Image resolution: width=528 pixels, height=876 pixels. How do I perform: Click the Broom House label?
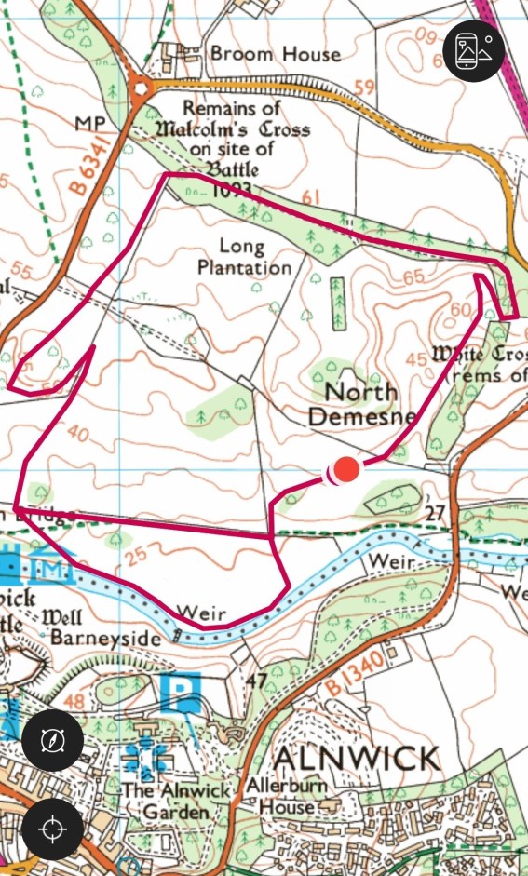tap(275, 54)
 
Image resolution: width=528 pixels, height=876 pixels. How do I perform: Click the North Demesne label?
tap(361, 403)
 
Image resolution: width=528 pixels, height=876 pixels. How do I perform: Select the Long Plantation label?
tap(255, 257)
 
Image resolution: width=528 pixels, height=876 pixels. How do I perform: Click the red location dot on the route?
tap(346, 470)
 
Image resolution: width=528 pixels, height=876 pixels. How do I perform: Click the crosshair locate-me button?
tap(52, 828)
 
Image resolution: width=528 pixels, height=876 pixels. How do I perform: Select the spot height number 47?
tap(257, 680)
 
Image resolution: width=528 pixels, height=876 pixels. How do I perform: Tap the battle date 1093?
tap(233, 190)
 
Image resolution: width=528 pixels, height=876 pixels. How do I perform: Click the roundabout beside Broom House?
tap(142, 88)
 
